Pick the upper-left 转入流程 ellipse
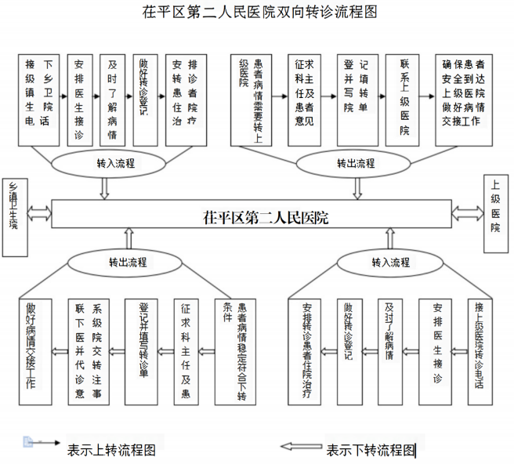116,164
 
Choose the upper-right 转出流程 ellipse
357,164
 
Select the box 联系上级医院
404,100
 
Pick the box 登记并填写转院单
355,100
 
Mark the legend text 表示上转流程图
111,450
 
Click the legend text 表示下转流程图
370,450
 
